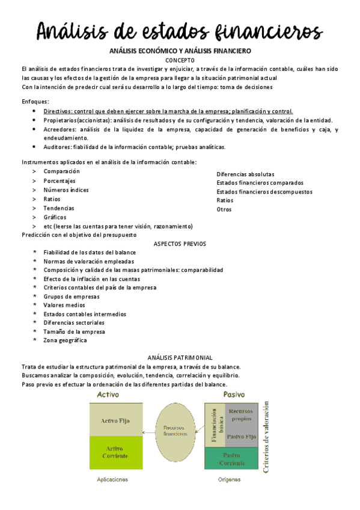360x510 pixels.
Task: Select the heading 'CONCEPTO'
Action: (x=180, y=60)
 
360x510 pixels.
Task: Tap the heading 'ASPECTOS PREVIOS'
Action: (x=180, y=244)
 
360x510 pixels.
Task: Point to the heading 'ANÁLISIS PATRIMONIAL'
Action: (x=180, y=357)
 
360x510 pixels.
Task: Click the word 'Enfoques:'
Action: (x=35, y=102)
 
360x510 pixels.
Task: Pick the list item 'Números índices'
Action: (x=66, y=190)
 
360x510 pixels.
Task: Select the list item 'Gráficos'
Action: (x=55, y=217)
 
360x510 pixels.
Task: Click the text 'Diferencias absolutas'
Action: (x=245, y=174)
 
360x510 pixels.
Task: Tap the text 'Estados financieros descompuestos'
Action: (x=264, y=192)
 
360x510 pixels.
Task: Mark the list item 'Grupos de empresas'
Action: (x=72, y=296)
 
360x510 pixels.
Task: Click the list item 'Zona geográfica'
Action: (x=65, y=340)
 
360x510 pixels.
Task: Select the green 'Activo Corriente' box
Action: (x=116, y=452)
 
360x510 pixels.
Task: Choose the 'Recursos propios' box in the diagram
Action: (x=241, y=414)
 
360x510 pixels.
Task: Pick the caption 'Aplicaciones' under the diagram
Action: (x=112, y=480)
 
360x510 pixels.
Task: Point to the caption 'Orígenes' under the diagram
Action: (x=229, y=480)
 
